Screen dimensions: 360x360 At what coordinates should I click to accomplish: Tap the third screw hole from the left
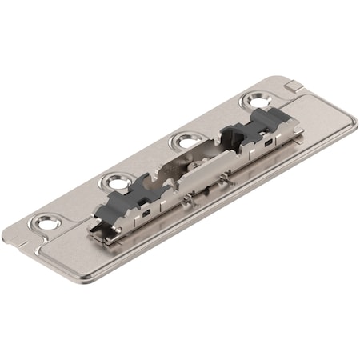click(x=185, y=141)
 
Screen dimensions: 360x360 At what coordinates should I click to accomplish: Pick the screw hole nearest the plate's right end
click(x=258, y=102)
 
